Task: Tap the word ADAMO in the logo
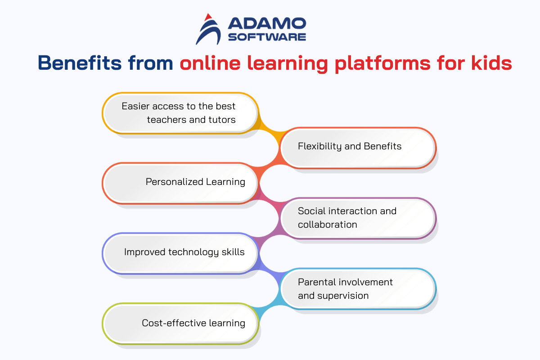point(267,23)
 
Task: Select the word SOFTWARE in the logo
point(267,37)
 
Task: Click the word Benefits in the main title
point(80,63)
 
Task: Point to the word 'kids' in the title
point(491,63)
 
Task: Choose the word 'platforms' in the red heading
point(383,64)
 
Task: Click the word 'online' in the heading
point(210,63)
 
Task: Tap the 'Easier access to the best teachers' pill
point(180,113)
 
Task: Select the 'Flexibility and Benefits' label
point(350,146)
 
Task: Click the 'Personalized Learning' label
point(195,182)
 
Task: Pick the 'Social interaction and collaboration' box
point(358,218)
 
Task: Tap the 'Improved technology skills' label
point(184,252)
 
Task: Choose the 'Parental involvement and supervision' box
point(358,288)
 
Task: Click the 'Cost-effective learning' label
point(193,323)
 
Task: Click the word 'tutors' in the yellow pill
point(222,120)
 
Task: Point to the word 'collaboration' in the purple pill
point(328,225)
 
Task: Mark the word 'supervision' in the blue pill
point(343,296)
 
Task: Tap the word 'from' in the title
point(150,63)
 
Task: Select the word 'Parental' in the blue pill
point(316,282)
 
